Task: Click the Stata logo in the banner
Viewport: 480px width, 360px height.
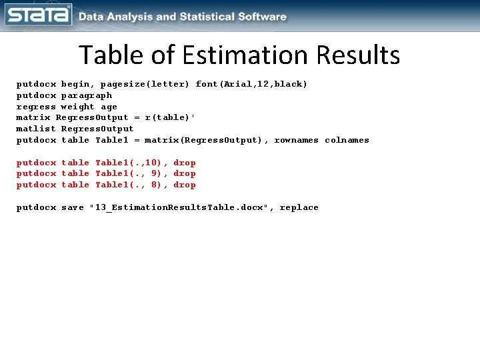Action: coord(38,15)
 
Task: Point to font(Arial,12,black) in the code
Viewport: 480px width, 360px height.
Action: coord(251,84)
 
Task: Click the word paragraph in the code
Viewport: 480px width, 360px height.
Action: coord(87,95)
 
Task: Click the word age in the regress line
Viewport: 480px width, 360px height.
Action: coord(109,107)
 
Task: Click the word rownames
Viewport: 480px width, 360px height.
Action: coord(297,140)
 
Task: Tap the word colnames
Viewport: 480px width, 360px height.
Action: coord(347,140)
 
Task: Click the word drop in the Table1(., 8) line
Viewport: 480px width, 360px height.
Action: coord(185,185)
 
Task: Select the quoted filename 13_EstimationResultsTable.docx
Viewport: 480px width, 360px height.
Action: coord(179,207)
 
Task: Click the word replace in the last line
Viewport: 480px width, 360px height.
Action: coord(299,207)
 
